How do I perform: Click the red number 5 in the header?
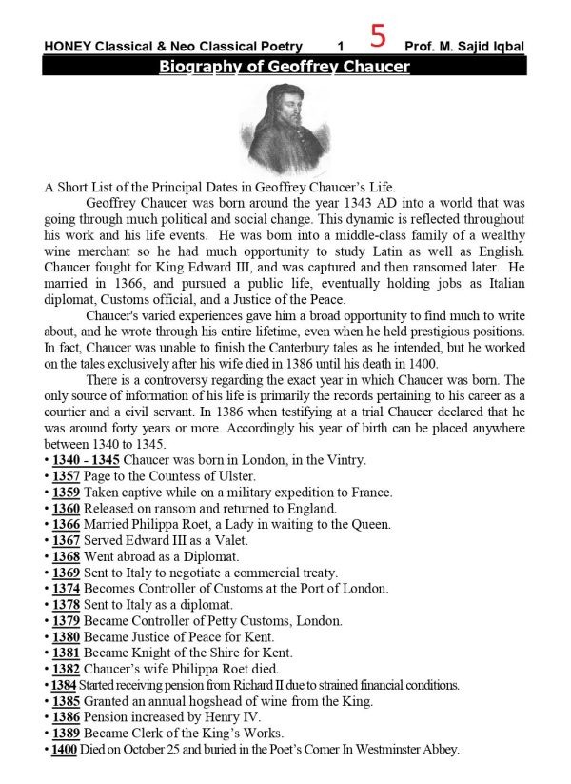[378, 37]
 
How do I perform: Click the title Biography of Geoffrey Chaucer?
[284, 67]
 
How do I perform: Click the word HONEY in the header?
[67, 47]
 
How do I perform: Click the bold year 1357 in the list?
[66, 476]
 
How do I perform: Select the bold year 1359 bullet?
[66, 493]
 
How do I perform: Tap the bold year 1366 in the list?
[66, 524]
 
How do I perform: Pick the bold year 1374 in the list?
[66, 588]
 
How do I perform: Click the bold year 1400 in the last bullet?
[64, 749]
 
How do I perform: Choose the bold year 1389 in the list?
[66, 733]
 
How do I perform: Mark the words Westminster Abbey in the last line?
[406, 749]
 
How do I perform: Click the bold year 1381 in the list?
[66, 653]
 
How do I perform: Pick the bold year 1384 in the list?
[64, 685]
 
